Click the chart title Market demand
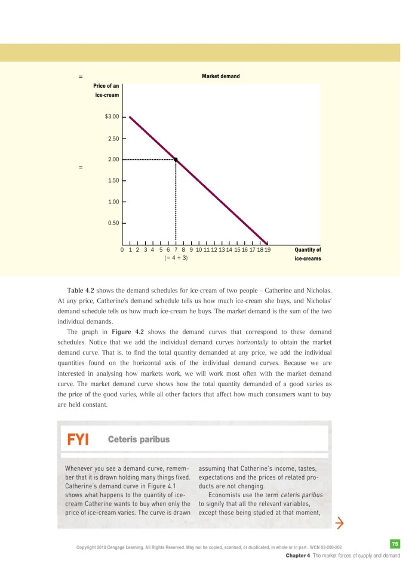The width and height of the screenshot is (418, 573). pos(220,76)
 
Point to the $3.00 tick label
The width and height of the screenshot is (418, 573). pos(112,116)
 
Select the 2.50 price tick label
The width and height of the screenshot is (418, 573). pos(113,138)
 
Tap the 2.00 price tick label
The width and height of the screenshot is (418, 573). pos(113,159)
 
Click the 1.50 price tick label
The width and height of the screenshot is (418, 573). pos(113,180)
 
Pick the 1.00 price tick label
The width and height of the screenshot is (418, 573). pos(113,202)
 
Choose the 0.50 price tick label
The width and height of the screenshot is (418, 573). pos(113,223)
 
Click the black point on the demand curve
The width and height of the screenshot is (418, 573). pos(176,159)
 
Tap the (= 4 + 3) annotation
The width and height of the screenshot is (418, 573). pos(176,258)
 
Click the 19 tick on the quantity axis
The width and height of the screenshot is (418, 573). pos(267,250)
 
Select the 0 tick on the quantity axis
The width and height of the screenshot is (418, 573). pos(122,250)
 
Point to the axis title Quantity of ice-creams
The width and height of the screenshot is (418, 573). pos(308,254)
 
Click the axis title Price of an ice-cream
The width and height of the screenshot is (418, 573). pos(106,91)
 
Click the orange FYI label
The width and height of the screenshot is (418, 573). pos(78,439)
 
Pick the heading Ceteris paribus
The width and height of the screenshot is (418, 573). pos(139,439)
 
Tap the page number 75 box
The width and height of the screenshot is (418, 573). pos(394,543)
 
